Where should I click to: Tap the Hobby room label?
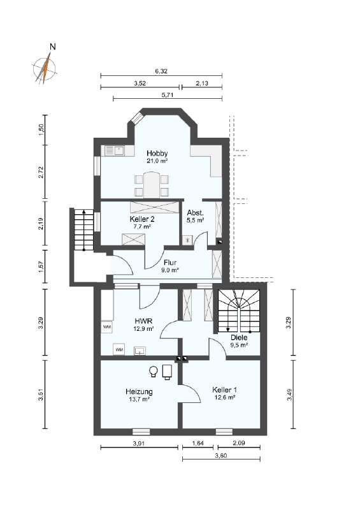(157, 154)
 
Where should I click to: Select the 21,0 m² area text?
(157, 162)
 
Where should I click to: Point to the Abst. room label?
(195, 213)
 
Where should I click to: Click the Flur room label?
(169, 262)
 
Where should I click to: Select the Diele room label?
(239, 337)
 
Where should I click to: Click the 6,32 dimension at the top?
(161, 71)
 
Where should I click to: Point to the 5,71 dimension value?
(168, 94)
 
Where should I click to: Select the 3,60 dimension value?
(221, 455)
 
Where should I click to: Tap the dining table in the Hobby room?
(150, 185)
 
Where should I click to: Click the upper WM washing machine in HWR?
(107, 326)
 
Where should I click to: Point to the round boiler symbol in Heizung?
(154, 370)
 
